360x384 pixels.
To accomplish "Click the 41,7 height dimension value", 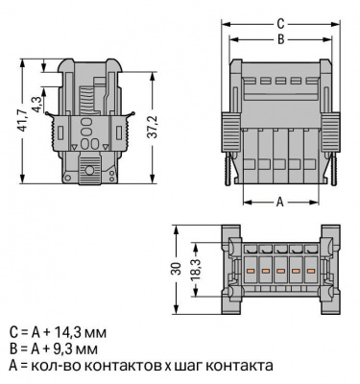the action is coord(22,121).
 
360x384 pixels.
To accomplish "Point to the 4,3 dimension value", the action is coord(36,104).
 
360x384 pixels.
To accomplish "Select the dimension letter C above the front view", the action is coord(280,24).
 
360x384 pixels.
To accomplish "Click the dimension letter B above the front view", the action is coord(280,39).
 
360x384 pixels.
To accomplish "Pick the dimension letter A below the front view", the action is coord(280,203).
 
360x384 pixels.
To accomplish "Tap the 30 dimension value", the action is coord(177,269).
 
